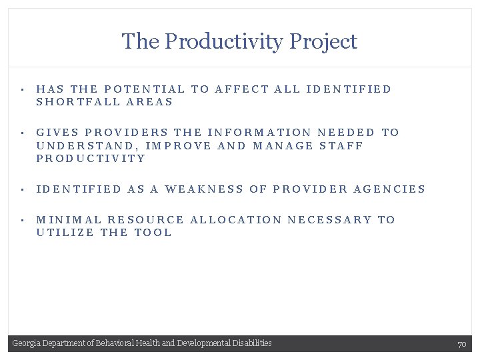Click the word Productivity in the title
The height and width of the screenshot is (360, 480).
[226, 42]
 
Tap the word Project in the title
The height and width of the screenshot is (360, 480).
[327, 42]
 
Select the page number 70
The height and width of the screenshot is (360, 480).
[461, 344]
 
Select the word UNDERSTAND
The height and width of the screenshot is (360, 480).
[86, 145]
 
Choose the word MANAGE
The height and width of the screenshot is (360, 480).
[283, 145]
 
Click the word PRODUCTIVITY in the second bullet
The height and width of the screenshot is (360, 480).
[91, 159]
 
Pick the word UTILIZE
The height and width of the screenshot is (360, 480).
[65, 233]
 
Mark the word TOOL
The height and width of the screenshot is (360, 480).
[153, 233]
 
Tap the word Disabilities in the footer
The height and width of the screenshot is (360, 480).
[253, 343]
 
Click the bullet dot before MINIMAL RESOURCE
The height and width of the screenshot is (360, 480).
[22, 220]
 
